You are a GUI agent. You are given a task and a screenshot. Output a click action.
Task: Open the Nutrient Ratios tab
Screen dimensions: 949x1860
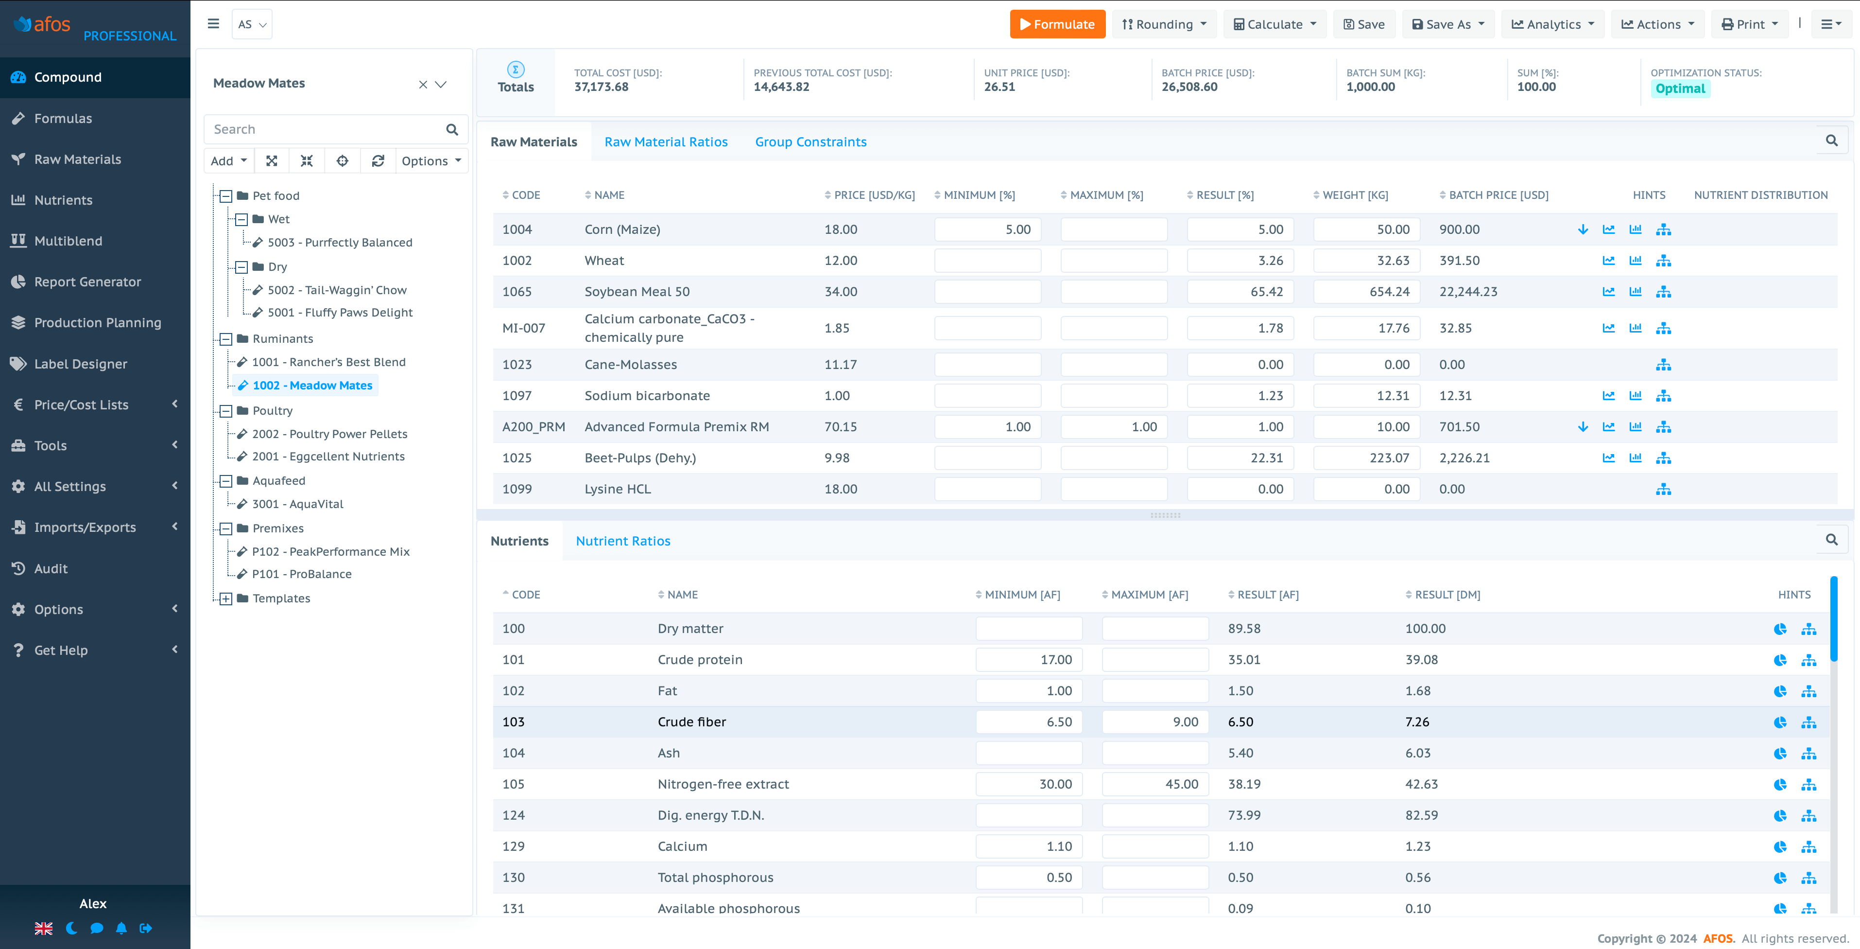[622, 541]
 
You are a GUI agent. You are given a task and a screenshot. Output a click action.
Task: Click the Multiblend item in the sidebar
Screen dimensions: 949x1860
[68, 241]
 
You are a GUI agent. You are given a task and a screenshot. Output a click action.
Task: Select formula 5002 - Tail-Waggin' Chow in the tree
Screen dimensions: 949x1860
[336, 290]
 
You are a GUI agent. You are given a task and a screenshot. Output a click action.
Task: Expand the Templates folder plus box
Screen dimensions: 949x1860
[226, 599]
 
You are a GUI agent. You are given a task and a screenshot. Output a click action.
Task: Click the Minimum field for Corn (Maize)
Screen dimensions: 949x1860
[987, 229]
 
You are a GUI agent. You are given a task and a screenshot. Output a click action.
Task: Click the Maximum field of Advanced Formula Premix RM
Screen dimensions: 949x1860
[1113, 427]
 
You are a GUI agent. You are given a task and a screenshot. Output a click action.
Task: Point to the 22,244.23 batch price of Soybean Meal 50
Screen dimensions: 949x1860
[1468, 292]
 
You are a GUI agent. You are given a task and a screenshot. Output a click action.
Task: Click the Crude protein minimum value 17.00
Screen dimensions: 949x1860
[1028, 659]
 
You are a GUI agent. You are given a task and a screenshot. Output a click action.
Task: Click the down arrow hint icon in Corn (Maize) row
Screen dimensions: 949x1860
[1583, 229]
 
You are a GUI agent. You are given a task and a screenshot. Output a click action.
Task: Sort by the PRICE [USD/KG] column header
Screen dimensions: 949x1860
[873, 195]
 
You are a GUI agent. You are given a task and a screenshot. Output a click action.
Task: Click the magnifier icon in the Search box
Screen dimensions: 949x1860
[452, 130]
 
